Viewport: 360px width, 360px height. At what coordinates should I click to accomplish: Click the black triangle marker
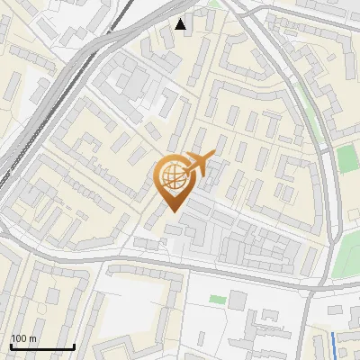click(182, 24)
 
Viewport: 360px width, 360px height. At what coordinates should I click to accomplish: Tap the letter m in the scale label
click(33, 338)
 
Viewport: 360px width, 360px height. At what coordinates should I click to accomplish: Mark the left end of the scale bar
click(11, 346)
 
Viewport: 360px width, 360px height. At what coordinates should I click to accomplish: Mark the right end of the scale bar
click(74, 346)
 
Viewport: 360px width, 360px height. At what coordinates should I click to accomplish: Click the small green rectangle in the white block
click(217, 299)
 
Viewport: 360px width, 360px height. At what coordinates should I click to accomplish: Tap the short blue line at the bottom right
click(335, 342)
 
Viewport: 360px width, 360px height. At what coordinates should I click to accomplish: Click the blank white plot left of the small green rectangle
click(144, 310)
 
